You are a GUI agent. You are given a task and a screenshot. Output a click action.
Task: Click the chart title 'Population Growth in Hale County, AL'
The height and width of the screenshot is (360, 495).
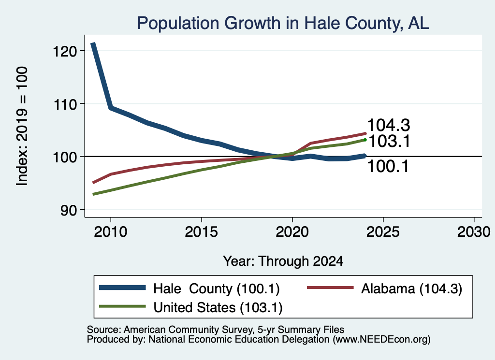click(x=283, y=23)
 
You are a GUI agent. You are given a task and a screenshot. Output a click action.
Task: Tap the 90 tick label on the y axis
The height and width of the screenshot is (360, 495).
click(x=69, y=210)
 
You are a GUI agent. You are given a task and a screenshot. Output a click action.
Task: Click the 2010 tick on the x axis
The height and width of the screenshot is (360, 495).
click(x=111, y=232)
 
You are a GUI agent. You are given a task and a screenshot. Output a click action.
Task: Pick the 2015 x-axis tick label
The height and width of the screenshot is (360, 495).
click(x=202, y=232)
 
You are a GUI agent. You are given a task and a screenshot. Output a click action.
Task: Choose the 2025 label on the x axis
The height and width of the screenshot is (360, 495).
click(x=383, y=232)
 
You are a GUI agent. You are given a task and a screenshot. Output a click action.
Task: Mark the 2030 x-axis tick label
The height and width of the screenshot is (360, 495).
click(x=474, y=232)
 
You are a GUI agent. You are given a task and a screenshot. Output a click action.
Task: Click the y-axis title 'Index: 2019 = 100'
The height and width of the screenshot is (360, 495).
click(x=22, y=126)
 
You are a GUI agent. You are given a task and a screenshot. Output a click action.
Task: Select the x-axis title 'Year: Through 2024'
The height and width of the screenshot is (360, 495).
click(x=283, y=261)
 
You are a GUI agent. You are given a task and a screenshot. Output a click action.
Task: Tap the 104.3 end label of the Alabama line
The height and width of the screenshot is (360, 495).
click(x=389, y=125)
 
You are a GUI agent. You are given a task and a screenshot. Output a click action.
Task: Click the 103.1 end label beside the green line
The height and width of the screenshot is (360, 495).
click(x=390, y=141)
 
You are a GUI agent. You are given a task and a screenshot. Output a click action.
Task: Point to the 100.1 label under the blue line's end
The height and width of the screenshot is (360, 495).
click(x=388, y=166)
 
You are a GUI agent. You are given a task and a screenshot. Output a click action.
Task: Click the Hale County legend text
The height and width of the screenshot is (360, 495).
click(x=217, y=288)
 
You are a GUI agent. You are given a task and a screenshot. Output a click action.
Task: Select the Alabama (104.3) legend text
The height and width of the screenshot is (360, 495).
click(x=412, y=288)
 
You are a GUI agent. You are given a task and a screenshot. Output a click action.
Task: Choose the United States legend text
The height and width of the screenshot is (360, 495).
click(x=218, y=307)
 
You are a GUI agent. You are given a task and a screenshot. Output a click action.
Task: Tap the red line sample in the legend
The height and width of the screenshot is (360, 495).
click(x=330, y=288)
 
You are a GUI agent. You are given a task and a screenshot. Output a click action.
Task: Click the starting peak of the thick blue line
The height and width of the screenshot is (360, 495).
click(x=93, y=43)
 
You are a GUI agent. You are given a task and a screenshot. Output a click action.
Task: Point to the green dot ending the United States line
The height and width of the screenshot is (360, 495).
click(x=365, y=140)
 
